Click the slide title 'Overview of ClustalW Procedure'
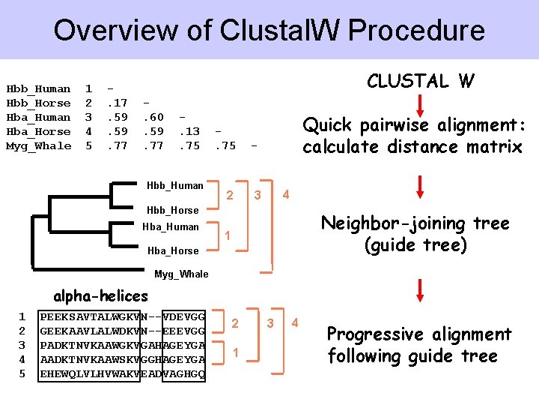point(269,31)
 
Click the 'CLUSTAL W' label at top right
point(420,81)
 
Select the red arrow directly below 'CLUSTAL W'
point(420,104)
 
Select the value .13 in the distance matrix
point(189,131)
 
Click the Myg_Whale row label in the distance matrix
point(38,145)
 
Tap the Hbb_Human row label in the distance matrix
point(38,88)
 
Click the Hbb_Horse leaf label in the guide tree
point(173,210)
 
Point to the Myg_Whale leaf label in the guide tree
point(181,274)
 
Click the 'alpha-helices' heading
point(100,295)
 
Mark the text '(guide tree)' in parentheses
point(415,245)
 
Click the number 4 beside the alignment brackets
point(295,322)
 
